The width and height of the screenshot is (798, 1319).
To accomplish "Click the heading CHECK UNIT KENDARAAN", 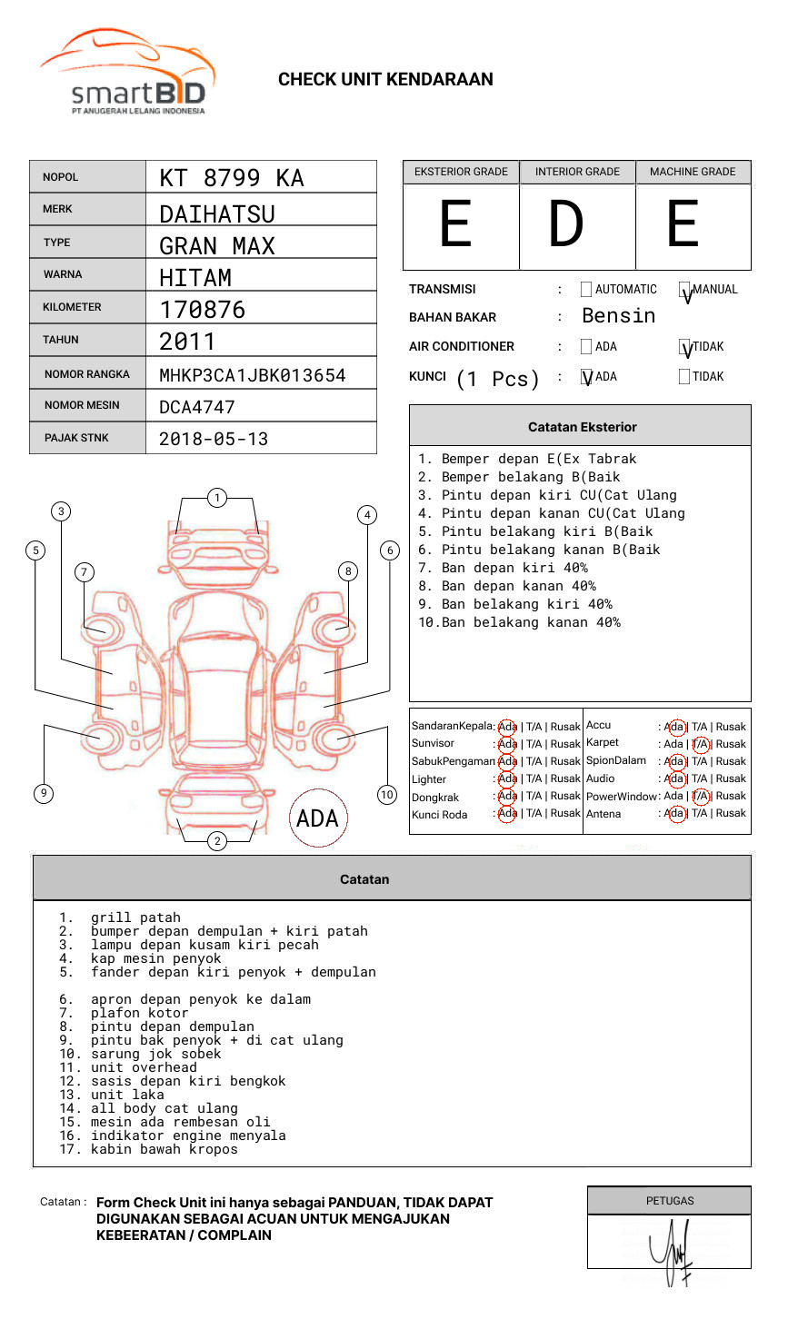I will pos(385,80).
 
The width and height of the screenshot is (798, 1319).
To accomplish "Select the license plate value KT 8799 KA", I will pos(232,178).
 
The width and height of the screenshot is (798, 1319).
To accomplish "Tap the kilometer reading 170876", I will pos(202,310).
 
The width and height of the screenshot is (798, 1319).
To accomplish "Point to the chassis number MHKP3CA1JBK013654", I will pos(252,375).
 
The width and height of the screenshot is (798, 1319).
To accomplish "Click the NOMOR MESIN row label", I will pos(82,405).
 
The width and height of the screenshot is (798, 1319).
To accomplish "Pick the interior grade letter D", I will pos(565,224).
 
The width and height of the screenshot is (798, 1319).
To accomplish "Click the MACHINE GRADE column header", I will pos(693,172).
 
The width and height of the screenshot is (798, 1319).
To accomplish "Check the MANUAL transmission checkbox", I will pos(684,291).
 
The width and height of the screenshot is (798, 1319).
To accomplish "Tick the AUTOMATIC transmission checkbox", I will pos(586,290).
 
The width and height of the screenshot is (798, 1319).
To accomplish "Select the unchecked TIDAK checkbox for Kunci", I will pos(684,376).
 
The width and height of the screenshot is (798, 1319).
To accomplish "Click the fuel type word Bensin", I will pos(618,316).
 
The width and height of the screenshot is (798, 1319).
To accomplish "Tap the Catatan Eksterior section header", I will pos(582,427).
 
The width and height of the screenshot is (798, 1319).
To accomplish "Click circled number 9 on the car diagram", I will pos(44,793).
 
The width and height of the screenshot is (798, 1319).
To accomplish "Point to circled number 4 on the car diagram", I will pos(367,515).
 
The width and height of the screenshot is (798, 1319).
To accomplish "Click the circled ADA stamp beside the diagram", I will pos(317,818).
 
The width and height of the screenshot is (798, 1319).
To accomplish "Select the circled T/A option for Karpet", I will pos(700,744).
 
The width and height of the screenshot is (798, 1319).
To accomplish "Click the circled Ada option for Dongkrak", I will pos(507,796).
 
